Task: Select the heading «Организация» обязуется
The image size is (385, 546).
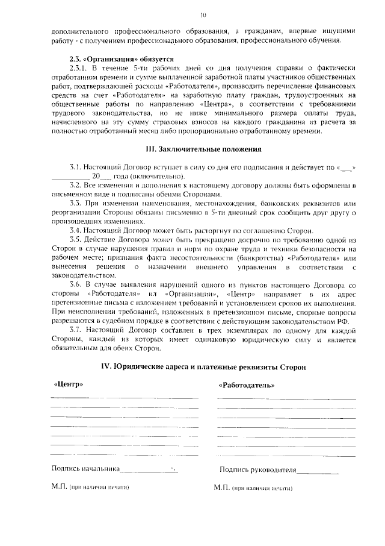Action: click(x=121, y=59)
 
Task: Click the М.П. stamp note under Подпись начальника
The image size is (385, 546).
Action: click(x=91, y=486)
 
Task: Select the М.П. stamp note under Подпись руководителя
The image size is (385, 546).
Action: click(x=253, y=487)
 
